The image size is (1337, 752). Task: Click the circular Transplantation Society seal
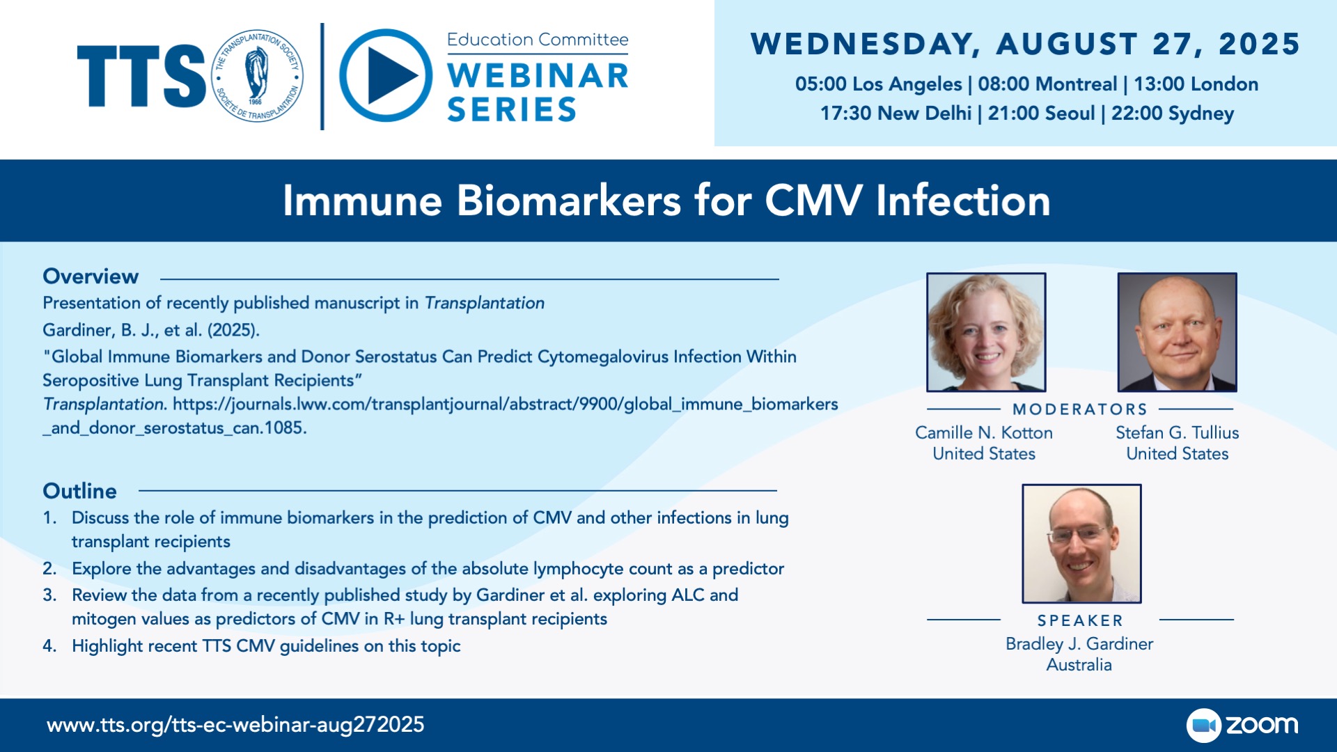[x=258, y=75]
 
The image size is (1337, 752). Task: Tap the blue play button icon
[x=386, y=75]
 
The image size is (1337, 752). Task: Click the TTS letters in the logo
[x=141, y=76]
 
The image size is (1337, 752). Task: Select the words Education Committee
[x=538, y=40]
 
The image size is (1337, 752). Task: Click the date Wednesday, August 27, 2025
[x=1025, y=44]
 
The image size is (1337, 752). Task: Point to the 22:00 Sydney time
[x=1173, y=113]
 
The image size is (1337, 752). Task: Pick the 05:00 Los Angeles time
[x=879, y=84]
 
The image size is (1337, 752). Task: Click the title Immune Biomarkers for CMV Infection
[x=666, y=201]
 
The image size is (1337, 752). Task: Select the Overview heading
[x=91, y=276]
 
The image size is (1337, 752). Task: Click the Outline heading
[x=79, y=491]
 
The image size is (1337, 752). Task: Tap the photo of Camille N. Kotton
[x=986, y=332]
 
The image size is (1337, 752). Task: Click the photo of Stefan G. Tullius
[x=1178, y=332]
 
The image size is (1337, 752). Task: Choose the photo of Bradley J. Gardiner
[x=1081, y=544]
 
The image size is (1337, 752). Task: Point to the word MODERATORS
[x=1080, y=409]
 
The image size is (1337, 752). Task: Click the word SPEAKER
[x=1080, y=620]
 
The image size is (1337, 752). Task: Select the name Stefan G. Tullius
[x=1178, y=432]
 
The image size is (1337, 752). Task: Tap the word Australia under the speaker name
[x=1079, y=665]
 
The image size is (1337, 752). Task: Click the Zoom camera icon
[x=1204, y=726]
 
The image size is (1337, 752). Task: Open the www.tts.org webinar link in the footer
[x=235, y=725]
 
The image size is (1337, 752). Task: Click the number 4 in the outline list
[x=48, y=646]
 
